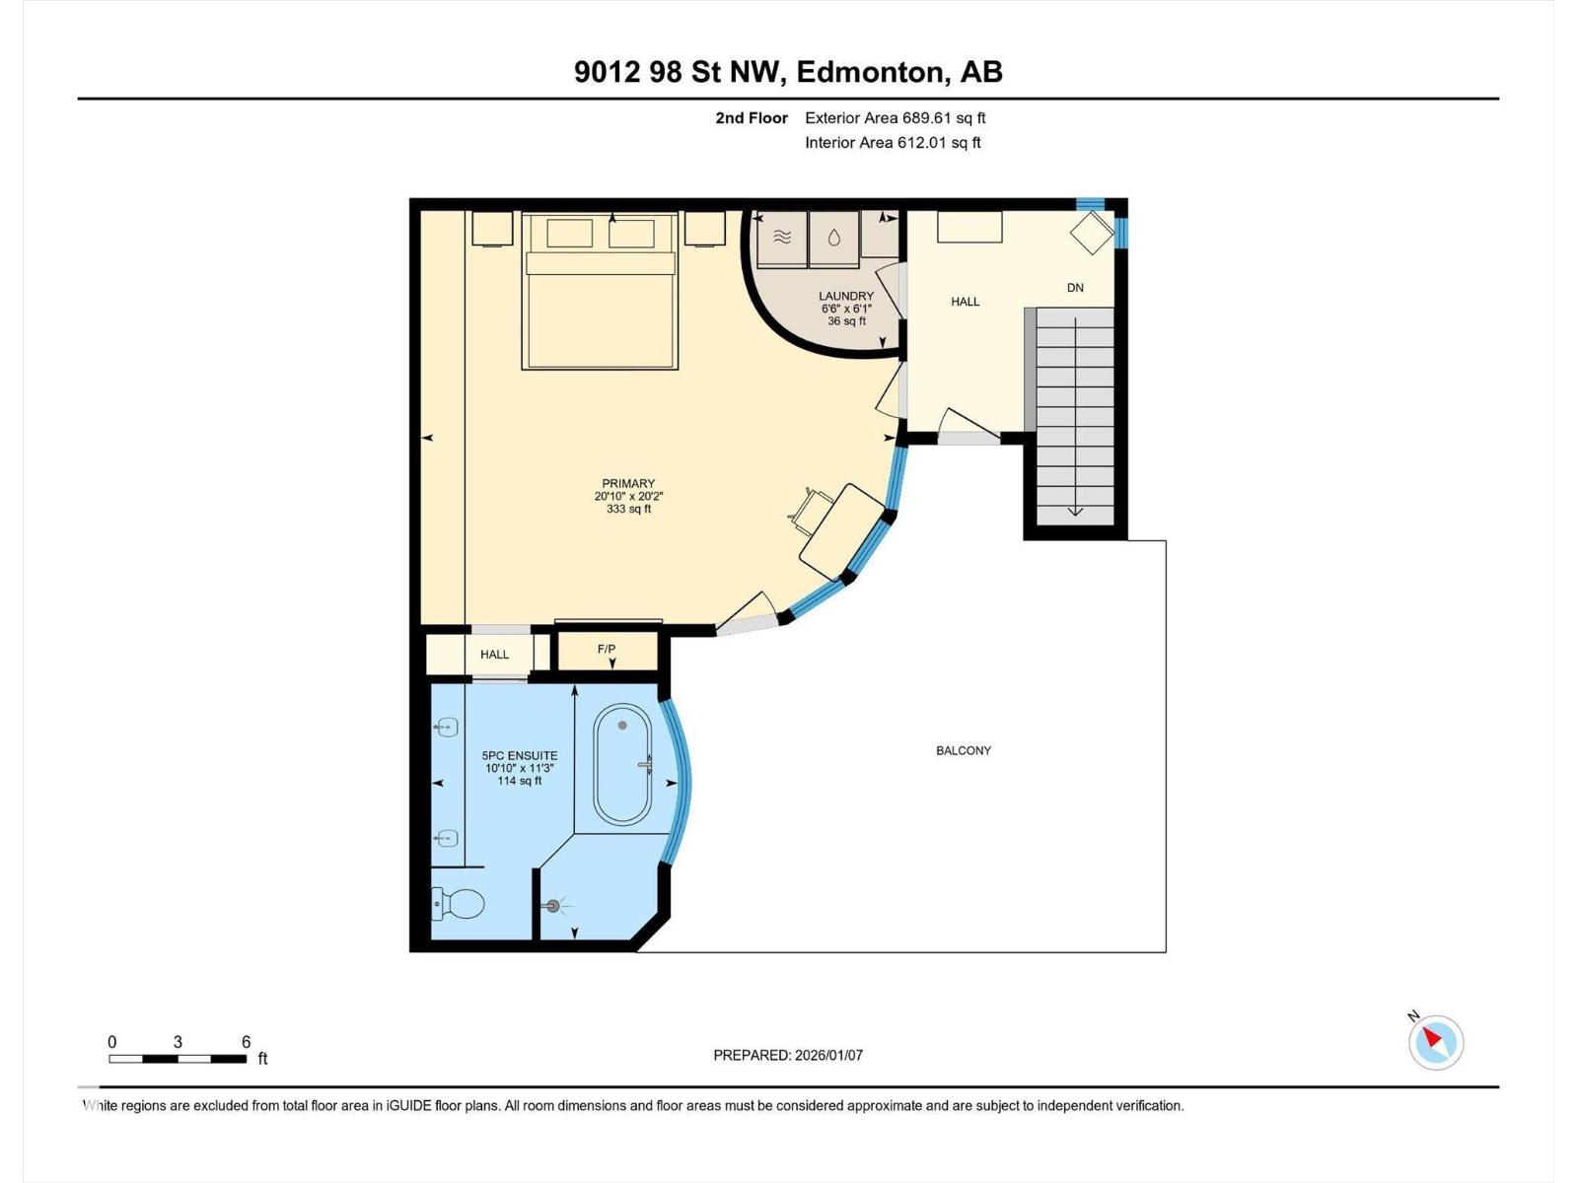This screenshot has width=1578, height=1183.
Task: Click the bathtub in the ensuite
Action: click(622, 765)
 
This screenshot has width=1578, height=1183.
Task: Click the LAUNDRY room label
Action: click(846, 296)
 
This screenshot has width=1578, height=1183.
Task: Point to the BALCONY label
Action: click(964, 750)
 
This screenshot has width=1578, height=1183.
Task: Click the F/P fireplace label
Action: click(607, 649)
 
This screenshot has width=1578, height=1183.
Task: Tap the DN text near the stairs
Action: click(1075, 288)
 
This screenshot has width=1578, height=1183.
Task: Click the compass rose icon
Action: click(1435, 1042)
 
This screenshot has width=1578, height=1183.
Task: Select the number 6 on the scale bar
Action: click(247, 1042)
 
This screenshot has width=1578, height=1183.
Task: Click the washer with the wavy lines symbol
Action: click(782, 238)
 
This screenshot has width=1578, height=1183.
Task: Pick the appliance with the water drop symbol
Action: click(834, 238)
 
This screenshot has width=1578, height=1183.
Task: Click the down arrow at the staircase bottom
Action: click(1075, 511)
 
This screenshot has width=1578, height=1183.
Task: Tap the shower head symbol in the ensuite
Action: click(554, 905)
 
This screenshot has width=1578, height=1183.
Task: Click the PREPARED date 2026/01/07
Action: click(828, 1055)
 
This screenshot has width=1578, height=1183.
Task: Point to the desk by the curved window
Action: click(841, 531)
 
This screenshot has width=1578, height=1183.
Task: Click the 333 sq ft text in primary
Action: click(628, 510)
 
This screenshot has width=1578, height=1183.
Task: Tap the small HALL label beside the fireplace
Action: click(494, 655)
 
